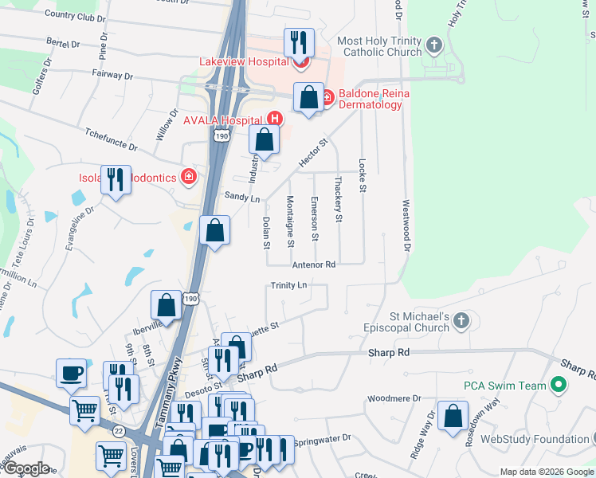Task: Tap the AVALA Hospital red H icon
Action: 274,119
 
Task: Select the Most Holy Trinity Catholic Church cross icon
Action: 434,45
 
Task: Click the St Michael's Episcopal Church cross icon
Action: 461,321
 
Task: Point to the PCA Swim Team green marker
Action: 559,386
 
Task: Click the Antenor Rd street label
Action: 314,264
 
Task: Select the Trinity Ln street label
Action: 288,284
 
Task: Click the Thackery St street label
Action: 339,199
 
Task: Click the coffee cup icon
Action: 71,372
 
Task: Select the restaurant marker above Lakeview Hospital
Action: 299,42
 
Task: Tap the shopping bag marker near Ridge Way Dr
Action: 453,417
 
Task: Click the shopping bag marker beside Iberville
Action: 167,304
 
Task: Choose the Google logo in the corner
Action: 26,468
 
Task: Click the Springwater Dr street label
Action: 322,439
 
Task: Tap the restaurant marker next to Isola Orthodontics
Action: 116,180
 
